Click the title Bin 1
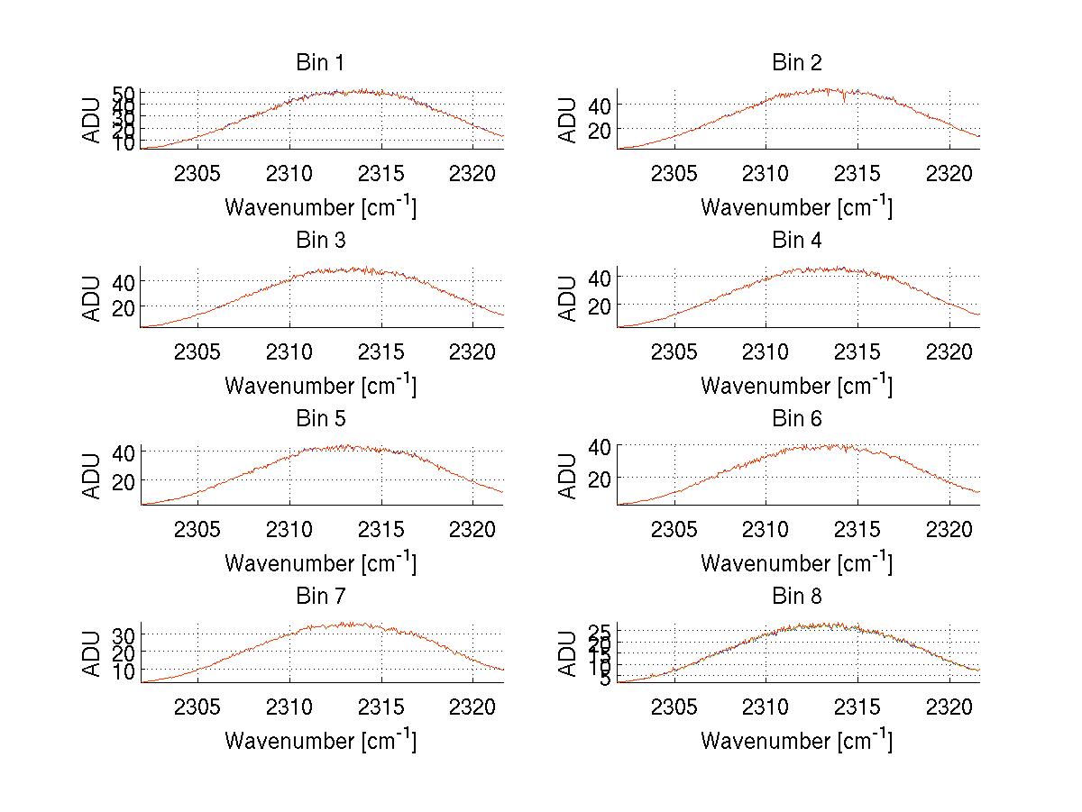(320, 62)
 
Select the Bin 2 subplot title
(797, 62)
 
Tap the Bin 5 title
(320, 418)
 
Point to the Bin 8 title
(797, 596)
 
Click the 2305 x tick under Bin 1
(197, 173)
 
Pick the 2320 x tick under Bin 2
(949, 173)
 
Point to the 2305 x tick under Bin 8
(674, 707)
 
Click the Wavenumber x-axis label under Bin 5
(320, 562)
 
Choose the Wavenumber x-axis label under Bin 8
(797, 740)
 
